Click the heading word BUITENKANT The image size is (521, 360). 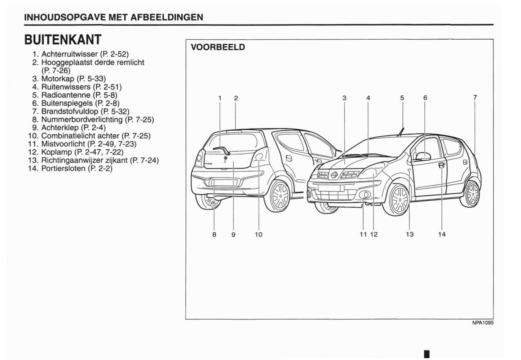[x=63, y=40]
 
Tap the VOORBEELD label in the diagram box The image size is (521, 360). [x=218, y=47]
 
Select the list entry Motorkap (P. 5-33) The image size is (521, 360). [x=73, y=79]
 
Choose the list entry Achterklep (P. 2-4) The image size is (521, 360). [x=73, y=128]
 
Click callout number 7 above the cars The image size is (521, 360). [x=475, y=97]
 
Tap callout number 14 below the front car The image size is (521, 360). [x=442, y=234]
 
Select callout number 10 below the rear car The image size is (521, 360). [x=259, y=234]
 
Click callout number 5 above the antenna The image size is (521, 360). [x=402, y=98]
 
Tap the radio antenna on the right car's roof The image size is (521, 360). [x=401, y=132]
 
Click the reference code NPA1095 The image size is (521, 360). [x=483, y=323]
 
